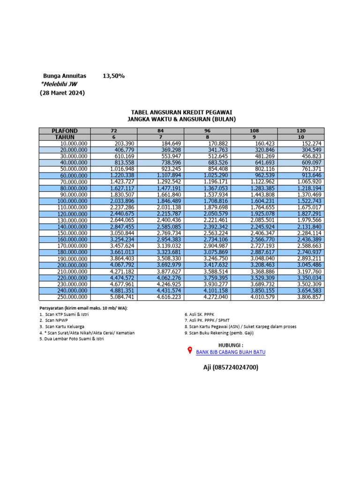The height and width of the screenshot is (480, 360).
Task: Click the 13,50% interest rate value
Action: pos(113,75)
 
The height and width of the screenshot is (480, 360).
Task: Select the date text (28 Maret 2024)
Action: pos(62,93)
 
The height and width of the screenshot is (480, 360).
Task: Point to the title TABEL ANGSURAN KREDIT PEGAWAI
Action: pos(182,112)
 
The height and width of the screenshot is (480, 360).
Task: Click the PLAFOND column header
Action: pos(65,131)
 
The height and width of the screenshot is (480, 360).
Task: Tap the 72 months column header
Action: pos(114,131)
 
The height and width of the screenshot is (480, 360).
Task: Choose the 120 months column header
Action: pos(301,131)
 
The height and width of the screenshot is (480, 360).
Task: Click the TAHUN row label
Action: pos(65,137)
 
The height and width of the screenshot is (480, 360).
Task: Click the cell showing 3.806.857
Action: pos(309,297)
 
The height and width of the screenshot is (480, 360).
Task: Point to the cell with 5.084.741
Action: pos(122,297)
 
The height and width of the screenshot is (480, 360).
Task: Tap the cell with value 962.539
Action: pos(264,175)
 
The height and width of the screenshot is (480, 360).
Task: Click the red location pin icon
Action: pos(190,351)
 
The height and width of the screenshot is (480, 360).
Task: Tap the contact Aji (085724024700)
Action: pos(230,367)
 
